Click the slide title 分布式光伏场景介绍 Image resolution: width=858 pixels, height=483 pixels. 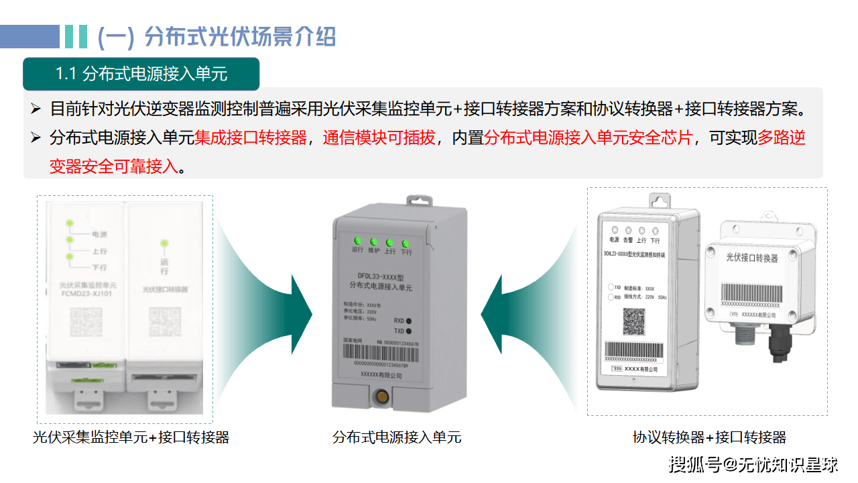tap(239, 36)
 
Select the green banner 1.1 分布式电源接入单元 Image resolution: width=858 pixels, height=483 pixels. tap(141, 74)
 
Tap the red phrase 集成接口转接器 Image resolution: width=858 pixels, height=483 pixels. tap(251, 138)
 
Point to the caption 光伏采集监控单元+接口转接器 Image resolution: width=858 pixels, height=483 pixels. tap(131, 438)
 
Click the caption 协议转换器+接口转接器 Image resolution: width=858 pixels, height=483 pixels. tap(709, 438)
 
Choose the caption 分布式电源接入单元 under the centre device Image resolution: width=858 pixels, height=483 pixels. tap(397, 438)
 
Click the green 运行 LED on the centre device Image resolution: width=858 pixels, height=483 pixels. tap(357, 241)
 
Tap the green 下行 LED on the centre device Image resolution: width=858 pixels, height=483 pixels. tap(406, 242)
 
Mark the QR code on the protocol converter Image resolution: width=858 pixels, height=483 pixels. tap(634, 321)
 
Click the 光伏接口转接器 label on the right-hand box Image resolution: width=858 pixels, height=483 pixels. tap(752, 258)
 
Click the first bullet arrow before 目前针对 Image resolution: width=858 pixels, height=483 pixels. tap(36, 109)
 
